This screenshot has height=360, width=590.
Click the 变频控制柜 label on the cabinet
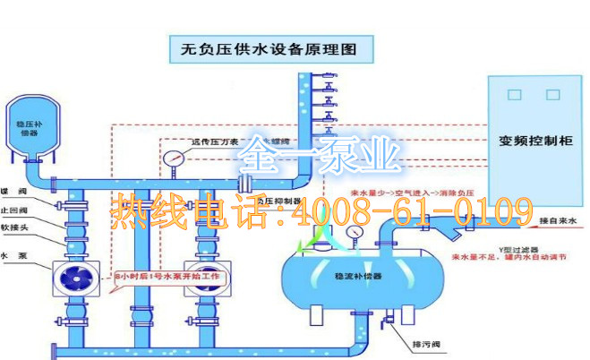[x=535, y=141]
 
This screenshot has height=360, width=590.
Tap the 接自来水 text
[x=560, y=219]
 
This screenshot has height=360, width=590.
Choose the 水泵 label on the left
[x=13, y=257]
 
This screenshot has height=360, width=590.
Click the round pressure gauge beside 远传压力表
[x=174, y=159]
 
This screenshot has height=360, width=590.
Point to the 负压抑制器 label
[x=277, y=201]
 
